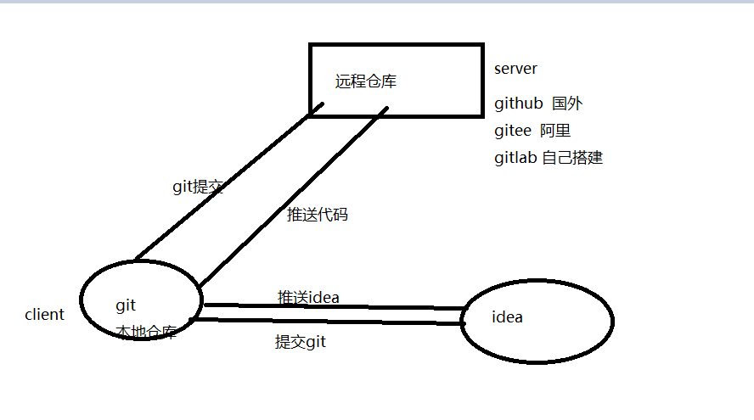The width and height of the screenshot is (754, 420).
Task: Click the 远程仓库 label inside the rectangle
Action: [x=366, y=82]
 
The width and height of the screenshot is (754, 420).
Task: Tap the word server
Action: [x=515, y=69]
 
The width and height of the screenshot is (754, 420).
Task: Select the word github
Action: [x=518, y=104]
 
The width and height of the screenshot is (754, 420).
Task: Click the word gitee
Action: [x=514, y=131]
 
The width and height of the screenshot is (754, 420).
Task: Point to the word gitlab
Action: [x=515, y=158]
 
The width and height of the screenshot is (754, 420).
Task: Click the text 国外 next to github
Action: [x=567, y=104]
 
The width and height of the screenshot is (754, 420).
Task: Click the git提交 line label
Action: [x=198, y=188]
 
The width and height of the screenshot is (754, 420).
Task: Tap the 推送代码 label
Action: [x=318, y=215]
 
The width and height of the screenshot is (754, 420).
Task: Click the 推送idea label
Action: [x=309, y=297]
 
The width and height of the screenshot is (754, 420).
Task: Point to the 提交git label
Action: [x=301, y=342]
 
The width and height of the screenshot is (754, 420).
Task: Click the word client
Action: [x=44, y=315]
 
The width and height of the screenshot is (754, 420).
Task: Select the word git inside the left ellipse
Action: [x=126, y=305]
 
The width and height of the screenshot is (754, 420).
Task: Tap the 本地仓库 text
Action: [x=146, y=333]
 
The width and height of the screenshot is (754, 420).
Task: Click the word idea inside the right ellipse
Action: [x=507, y=317]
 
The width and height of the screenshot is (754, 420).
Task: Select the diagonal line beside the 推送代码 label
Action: [x=293, y=196]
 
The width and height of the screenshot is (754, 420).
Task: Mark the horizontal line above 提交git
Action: [x=331, y=322]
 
